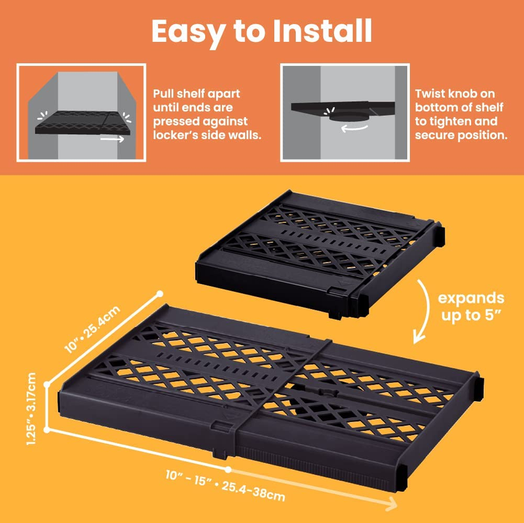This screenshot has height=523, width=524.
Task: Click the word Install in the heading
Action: point(322,31)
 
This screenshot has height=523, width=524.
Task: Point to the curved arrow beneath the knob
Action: point(354,128)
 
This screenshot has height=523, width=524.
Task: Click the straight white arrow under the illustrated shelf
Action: point(112,139)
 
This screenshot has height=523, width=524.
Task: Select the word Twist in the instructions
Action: point(430,94)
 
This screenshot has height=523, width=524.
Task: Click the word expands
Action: point(471,298)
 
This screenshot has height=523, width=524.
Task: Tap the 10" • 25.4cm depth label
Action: point(92,329)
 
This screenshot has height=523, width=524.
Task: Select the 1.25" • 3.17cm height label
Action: point(31,409)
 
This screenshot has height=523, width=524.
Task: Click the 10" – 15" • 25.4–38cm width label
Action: point(225,485)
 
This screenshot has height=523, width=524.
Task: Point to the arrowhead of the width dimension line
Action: point(392,503)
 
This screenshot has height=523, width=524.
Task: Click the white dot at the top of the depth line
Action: point(160,294)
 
